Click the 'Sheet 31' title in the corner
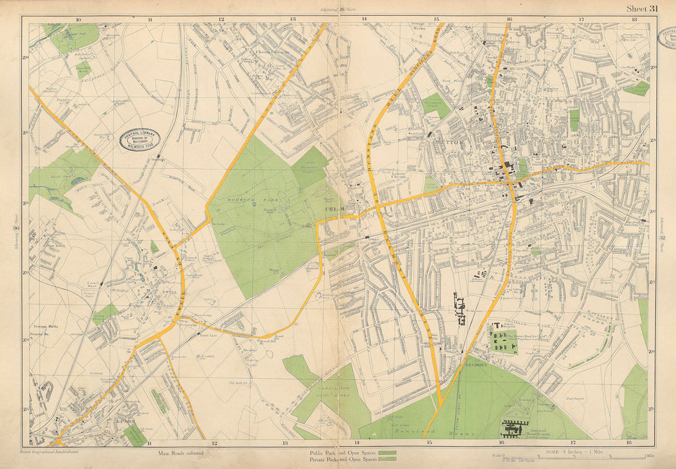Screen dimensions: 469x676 point(642,8)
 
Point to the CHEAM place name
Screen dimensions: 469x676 point(335,210)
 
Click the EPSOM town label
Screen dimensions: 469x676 point(128,422)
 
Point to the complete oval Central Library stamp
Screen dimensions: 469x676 point(139,140)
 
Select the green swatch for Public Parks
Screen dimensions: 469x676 point(387,452)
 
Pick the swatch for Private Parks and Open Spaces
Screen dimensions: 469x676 point(387,460)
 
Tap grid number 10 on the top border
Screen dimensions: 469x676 point(78,20)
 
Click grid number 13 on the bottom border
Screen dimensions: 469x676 point(285,443)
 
